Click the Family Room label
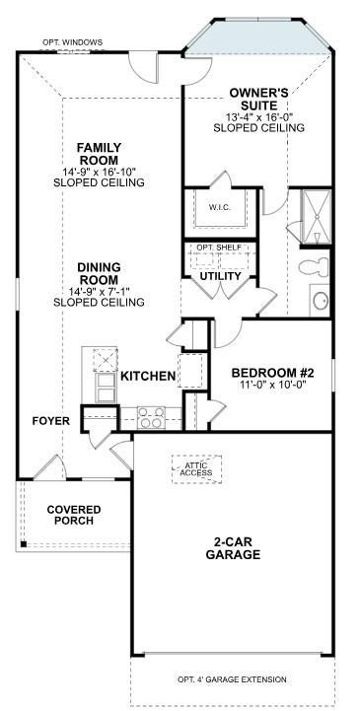click(99, 154)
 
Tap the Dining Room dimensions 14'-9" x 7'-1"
click(99, 292)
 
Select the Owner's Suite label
click(258, 100)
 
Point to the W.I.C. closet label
click(220, 208)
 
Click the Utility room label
click(221, 276)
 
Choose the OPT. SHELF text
click(219, 248)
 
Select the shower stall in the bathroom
click(316, 217)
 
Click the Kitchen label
click(148, 376)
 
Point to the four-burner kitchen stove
click(152, 417)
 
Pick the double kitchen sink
click(106, 388)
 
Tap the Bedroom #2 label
click(273, 373)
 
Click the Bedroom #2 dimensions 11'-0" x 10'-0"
click(273, 385)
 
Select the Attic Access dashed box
click(196, 469)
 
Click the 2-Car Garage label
click(233, 548)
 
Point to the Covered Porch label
click(74, 515)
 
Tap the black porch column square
click(23, 544)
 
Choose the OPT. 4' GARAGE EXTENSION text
click(232, 679)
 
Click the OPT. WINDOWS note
click(73, 42)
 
